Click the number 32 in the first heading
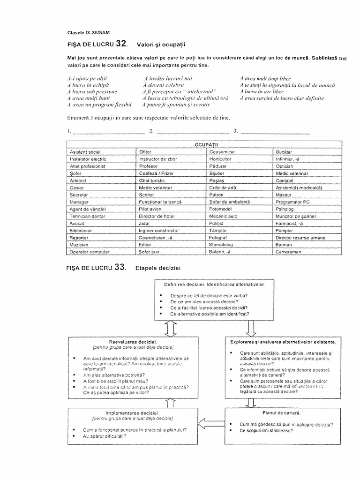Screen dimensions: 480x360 (120, 44)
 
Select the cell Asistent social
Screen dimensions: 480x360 (85, 152)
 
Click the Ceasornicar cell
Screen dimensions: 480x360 (223, 152)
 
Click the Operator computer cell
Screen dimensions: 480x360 (90, 252)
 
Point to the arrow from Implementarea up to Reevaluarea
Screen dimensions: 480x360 (170, 402)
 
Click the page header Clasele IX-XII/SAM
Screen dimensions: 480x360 (90, 32)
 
